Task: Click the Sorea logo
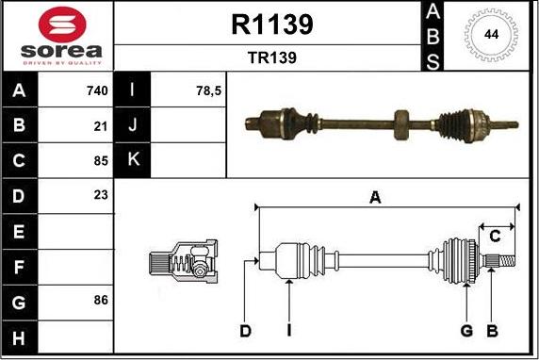(57, 36)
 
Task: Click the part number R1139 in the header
(271, 24)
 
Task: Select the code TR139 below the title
(271, 57)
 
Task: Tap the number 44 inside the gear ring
(491, 35)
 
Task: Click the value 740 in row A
(97, 91)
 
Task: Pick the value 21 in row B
(102, 125)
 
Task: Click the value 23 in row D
(102, 195)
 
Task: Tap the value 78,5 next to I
(207, 91)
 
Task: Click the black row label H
(20, 335)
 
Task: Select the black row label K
(133, 159)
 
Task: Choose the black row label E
(20, 231)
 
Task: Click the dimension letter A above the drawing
(374, 197)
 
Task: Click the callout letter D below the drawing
(245, 330)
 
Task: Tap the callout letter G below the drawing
(465, 330)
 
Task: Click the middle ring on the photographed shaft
(402, 123)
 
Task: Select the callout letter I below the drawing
(290, 330)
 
